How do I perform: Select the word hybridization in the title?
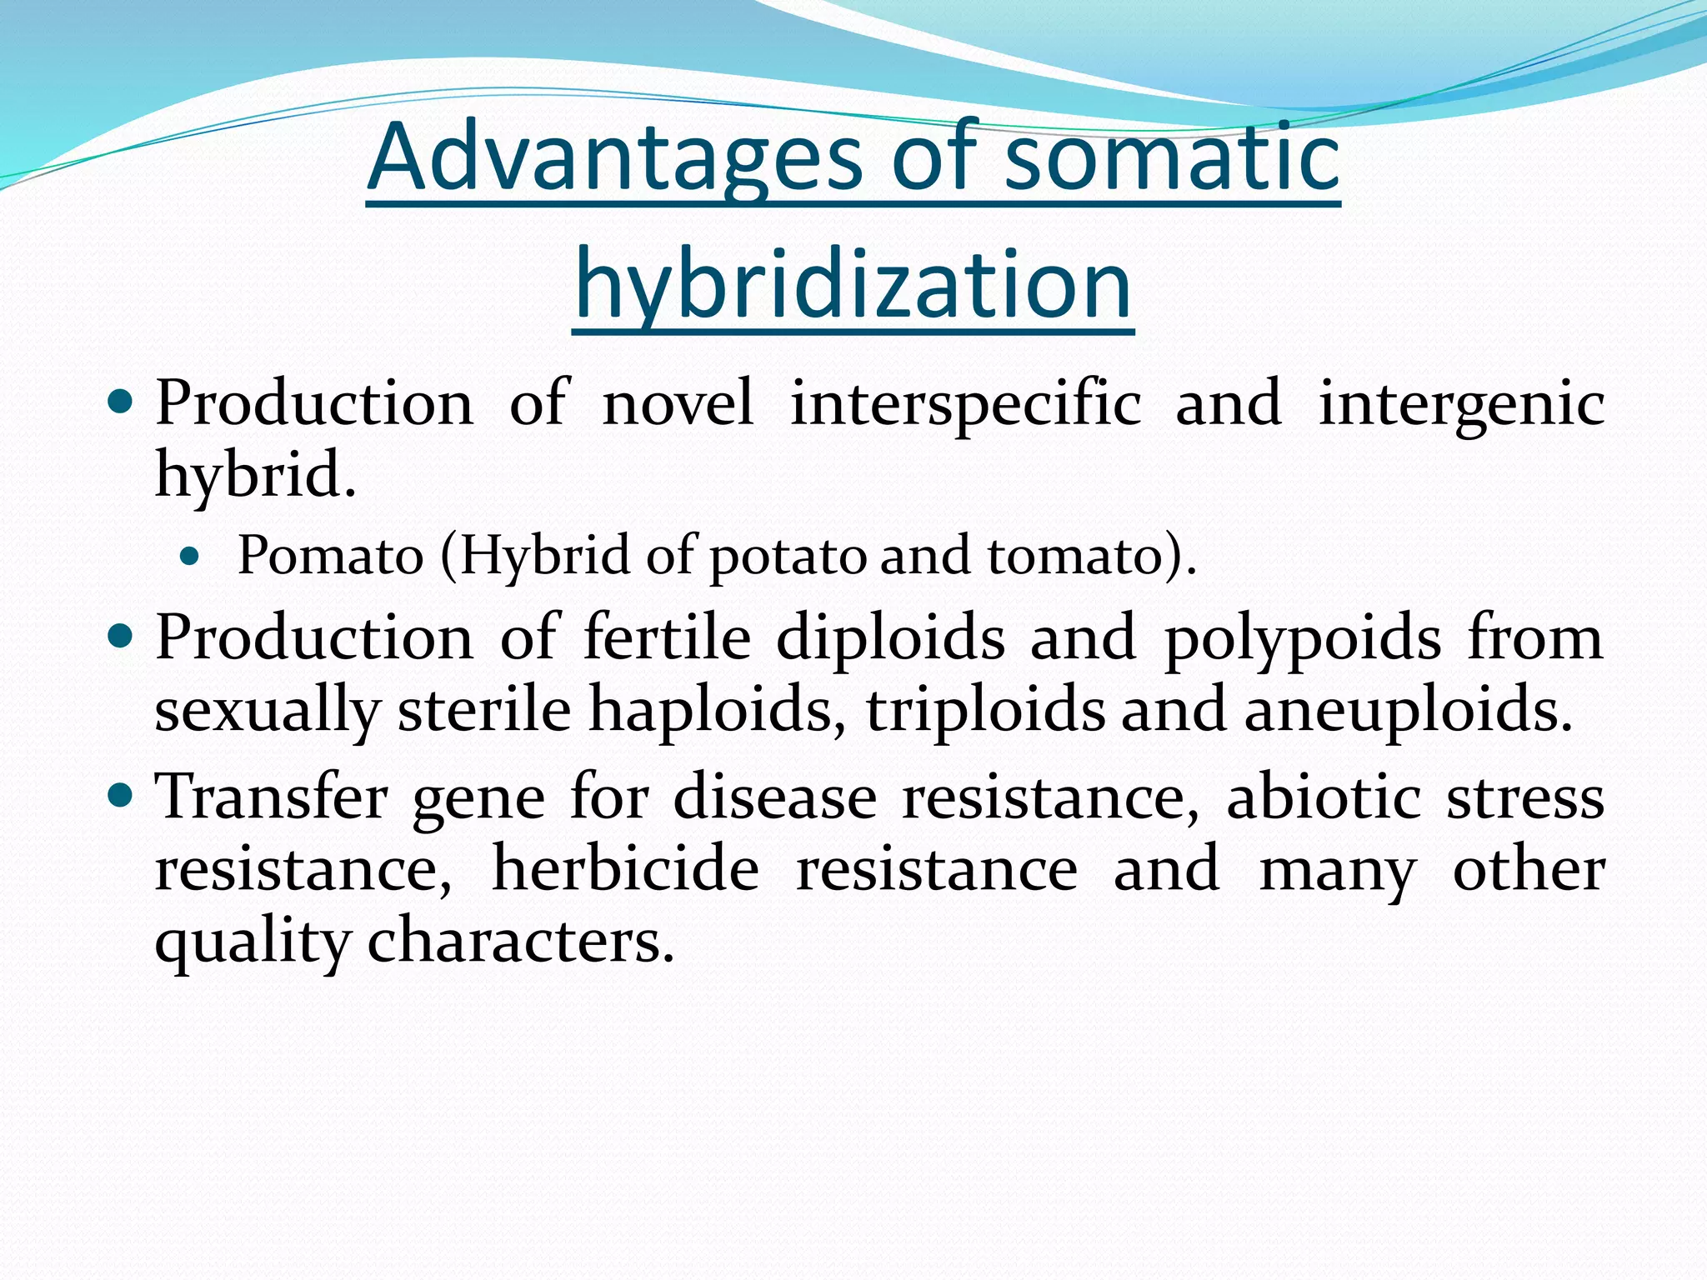click(x=853, y=285)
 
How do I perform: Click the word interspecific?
click(x=965, y=403)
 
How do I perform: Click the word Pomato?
click(x=331, y=556)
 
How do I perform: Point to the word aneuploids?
click(x=1409, y=712)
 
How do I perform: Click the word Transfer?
click(x=272, y=797)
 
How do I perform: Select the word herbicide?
click(x=626, y=869)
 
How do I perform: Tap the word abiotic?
click(x=1324, y=797)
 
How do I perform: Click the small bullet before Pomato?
click(x=191, y=556)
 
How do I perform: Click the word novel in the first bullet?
click(x=678, y=403)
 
